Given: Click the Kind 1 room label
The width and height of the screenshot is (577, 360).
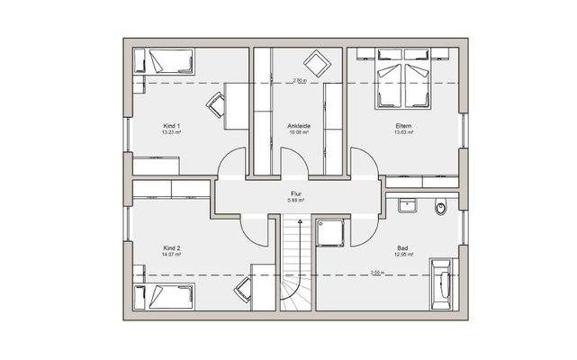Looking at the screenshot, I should click(x=172, y=125).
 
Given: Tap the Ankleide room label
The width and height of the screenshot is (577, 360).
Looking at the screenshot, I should click(x=299, y=125).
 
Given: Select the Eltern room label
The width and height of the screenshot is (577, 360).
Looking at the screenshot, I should click(x=402, y=125).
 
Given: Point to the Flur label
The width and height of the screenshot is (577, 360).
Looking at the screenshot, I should click(x=295, y=192).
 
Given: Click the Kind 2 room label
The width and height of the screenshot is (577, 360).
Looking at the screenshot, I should click(x=172, y=247).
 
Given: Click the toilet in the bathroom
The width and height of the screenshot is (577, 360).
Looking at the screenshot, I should click(x=441, y=209).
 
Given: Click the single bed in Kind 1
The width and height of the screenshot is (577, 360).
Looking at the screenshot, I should click(x=164, y=63).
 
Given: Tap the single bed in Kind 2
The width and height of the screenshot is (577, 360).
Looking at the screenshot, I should click(x=164, y=294).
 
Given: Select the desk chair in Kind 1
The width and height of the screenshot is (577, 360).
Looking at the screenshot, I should click(x=217, y=103).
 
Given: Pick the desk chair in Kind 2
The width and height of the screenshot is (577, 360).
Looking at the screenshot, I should click(x=244, y=290).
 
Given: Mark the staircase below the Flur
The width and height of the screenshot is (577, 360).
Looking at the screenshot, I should click(x=293, y=265).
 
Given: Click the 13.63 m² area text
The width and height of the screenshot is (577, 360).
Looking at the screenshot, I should click(x=402, y=132).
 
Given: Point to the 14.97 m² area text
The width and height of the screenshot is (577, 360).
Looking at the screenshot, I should click(x=172, y=255).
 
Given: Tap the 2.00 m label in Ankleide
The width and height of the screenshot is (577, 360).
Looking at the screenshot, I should click(x=299, y=80).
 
